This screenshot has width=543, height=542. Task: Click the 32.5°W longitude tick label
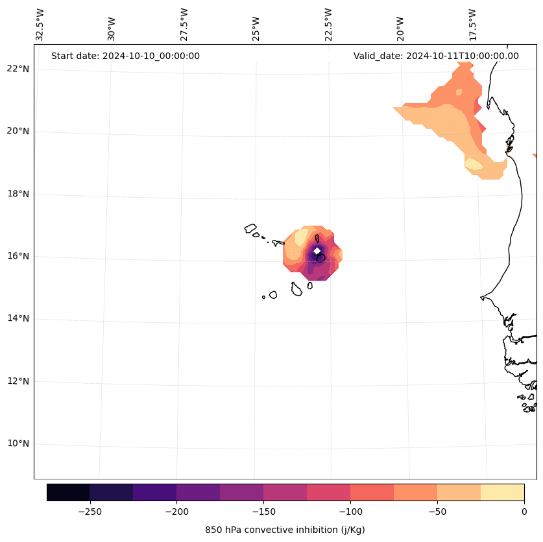click(40, 25)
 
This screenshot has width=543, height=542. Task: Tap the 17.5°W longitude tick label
click(472, 25)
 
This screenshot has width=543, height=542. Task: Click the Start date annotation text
click(125, 56)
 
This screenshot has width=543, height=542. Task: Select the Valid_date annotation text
click(436, 56)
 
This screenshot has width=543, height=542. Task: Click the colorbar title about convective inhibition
click(285, 530)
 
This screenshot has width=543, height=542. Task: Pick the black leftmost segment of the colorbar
click(68, 492)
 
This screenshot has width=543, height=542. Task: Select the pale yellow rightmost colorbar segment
click(502, 492)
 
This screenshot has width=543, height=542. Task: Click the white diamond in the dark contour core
click(317, 251)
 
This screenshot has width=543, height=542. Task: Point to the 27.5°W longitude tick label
click(184, 25)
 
